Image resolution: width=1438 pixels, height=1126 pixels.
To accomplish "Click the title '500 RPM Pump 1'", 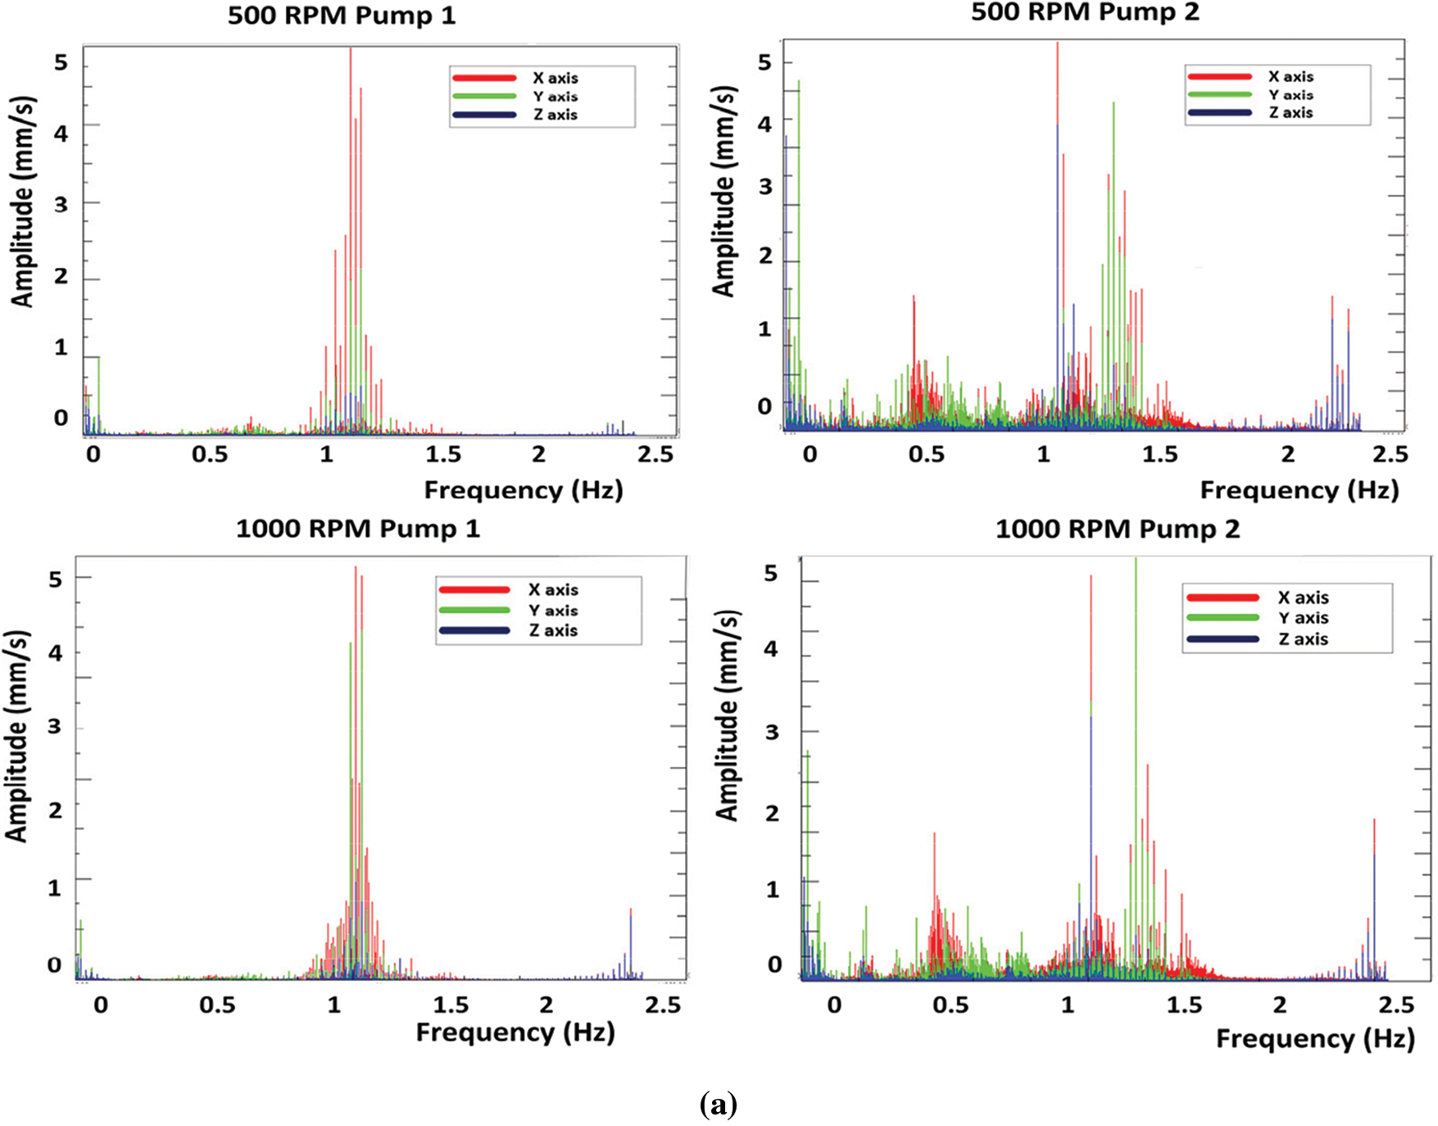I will (341, 16).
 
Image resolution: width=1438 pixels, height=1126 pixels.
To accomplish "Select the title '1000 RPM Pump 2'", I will (1117, 529).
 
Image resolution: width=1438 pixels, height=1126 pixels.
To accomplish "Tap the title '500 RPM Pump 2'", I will (1085, 12).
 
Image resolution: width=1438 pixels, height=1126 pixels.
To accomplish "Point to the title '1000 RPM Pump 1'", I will (357, 529).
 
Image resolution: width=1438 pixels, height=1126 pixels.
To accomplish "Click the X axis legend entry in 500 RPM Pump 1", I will (555, 78).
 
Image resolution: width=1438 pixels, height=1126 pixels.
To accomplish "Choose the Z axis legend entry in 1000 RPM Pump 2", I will (1303, 639).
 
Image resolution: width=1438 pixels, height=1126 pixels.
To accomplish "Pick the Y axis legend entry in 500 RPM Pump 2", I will (1291, 95).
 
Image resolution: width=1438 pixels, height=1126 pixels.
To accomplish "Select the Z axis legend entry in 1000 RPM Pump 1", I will (553, 631).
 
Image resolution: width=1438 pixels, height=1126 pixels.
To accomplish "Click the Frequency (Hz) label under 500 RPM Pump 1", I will (524, 490).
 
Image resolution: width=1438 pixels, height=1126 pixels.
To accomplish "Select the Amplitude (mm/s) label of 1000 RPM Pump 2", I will (727, 715).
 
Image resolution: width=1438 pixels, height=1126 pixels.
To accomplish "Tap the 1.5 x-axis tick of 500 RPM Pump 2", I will (1159, 455).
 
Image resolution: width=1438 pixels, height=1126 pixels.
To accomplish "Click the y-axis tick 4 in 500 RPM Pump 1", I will (61, 134).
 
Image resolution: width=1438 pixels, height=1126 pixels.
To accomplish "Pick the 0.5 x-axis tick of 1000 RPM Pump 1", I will (217, 1005).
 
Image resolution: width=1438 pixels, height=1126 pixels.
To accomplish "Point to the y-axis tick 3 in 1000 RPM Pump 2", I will (772, 732).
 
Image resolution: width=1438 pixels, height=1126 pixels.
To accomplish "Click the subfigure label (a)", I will (719, 1106).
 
